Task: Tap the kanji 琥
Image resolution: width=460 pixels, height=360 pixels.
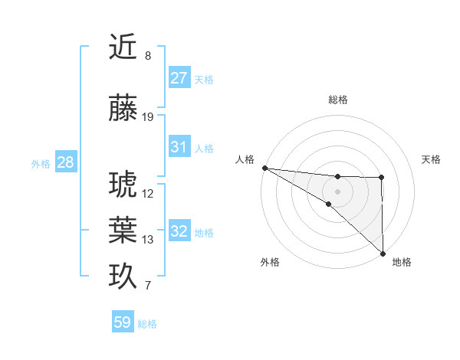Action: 123,185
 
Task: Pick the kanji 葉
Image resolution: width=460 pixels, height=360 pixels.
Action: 123,230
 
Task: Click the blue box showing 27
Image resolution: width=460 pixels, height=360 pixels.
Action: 179,78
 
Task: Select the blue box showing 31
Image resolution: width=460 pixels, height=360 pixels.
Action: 179,147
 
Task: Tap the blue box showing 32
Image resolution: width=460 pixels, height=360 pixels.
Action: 179,231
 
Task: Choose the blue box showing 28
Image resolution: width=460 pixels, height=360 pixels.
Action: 65,162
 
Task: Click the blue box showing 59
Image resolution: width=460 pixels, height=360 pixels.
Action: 123,323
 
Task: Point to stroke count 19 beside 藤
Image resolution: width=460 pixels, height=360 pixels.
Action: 148,117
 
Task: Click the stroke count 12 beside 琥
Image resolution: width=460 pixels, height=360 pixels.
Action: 148,193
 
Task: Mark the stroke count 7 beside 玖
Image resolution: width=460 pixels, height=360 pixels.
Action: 148,286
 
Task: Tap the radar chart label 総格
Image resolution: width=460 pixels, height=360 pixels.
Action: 338,100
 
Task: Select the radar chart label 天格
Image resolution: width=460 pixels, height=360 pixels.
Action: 431,159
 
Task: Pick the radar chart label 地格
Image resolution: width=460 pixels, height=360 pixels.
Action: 402,262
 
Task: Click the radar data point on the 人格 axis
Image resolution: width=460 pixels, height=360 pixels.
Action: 264,167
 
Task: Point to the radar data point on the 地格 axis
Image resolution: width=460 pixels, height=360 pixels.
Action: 383,253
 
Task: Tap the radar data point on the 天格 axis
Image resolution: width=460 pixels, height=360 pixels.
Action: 382,178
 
